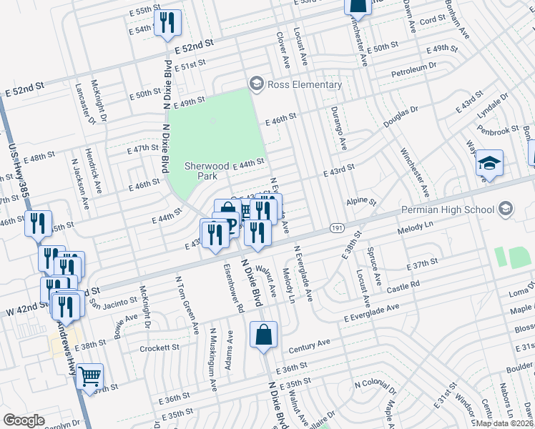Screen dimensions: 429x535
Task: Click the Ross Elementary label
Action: click(304, 84)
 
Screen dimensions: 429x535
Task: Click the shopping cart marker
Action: click(89, 376)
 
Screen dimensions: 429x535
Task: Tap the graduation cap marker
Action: click(490, 164)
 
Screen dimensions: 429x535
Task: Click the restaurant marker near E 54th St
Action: click(168, 22)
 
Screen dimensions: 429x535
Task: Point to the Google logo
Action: click(24, 420)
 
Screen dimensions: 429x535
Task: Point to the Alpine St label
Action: click(361, 202)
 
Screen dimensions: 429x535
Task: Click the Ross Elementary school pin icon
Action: click(256, 84)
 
